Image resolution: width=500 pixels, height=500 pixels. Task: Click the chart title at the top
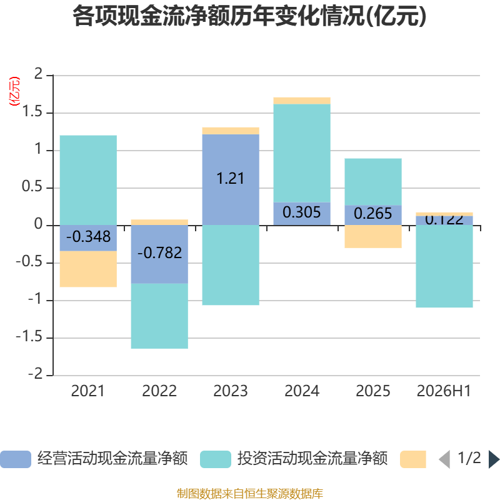click(249, 16)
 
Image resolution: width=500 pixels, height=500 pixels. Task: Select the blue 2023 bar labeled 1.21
click(231, 180)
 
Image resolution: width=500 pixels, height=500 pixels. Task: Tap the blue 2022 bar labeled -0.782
click(159, 254)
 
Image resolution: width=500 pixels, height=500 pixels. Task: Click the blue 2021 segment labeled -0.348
click(88, 238)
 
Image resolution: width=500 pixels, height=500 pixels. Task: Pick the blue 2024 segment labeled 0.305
click(302, 214)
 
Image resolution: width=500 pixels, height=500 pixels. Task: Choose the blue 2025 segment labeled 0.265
click(373, 215)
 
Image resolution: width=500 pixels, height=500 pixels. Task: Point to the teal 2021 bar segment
click(88, 181)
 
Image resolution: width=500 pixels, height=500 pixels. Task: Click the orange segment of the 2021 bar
click(88, 269)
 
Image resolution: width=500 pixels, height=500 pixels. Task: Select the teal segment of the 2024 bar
click(302, 153)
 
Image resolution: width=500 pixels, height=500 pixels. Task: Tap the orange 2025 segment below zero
click(373, 237)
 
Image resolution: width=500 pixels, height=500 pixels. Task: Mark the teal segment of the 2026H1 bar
click(444, 266)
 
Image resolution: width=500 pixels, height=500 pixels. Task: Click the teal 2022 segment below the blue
click(159, 316)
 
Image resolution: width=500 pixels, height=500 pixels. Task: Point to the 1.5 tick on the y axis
click(32, 112)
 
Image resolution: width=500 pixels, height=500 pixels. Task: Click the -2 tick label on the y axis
click(36, 374)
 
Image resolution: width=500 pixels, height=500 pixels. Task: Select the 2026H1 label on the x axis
click(444, 391)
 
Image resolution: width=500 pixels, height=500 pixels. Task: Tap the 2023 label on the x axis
click(231, 391)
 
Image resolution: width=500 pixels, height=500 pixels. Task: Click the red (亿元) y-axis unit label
click(14, 91)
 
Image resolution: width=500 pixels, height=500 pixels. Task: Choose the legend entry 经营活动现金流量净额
click(94, 459)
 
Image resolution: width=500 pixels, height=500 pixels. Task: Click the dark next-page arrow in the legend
click(494, 459)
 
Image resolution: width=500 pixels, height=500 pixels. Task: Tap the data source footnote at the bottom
click(250, 493)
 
